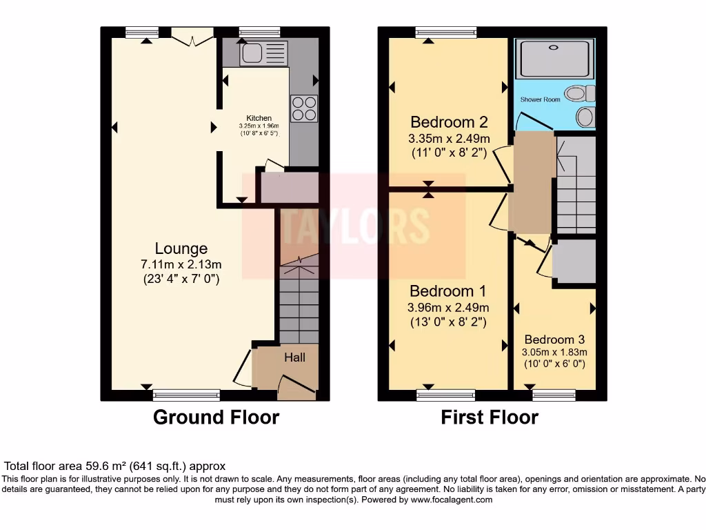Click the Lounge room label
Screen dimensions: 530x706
181,248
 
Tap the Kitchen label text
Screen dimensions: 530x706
259,118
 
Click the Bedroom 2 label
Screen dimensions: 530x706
449,122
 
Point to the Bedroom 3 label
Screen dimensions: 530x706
554,340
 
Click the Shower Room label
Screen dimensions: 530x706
541,99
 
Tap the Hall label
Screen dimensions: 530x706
295,357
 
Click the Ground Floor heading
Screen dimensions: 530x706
216,418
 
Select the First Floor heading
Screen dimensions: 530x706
490,418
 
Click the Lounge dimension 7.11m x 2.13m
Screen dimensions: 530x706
181,265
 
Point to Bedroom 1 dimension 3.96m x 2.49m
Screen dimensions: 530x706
449,307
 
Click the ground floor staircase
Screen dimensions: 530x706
299,300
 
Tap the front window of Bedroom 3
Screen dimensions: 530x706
554,395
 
